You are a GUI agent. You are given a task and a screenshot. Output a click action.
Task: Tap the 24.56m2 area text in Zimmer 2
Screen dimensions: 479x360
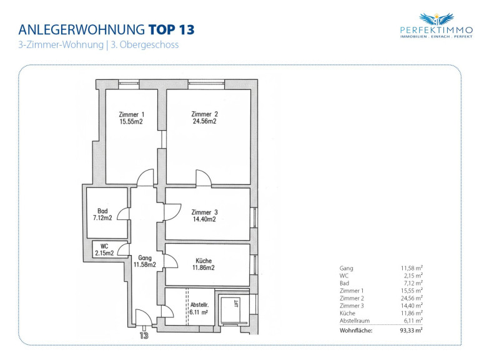point(205,121)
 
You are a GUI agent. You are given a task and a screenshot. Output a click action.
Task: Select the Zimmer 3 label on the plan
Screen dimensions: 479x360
point(204,212)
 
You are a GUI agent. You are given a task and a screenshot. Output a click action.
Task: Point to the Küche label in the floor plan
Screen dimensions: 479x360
point(204,261)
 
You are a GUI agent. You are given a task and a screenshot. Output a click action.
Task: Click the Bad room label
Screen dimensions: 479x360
point(102,211)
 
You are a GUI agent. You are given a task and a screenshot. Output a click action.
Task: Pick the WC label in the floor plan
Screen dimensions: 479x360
point(104,246)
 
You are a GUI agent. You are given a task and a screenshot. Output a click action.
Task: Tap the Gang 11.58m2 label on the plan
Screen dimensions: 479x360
point(144,261)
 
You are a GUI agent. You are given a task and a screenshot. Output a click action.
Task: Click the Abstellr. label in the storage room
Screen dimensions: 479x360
point(199,304)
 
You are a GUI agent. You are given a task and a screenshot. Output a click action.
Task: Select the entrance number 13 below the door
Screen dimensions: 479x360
point(144,336)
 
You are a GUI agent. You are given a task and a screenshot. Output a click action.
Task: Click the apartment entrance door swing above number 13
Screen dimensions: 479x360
point(144,317)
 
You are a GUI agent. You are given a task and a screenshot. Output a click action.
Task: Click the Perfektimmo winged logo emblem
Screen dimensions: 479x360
point(437,19)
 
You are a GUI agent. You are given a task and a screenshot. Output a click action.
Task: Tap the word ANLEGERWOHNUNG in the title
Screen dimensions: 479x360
point(82,29)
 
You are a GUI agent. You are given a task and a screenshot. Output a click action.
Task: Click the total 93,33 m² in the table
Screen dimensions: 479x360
point(412,330)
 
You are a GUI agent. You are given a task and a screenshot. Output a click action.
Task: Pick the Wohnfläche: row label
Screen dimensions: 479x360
point(356,331)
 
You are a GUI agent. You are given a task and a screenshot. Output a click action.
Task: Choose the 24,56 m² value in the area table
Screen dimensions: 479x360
point(412,298)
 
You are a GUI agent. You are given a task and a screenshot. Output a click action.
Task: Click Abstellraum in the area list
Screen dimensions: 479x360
point(355,321)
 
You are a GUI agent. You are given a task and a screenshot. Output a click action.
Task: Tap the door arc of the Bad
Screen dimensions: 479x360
point(123,213)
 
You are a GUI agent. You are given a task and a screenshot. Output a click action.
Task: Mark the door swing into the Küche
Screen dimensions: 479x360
point(170,261)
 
